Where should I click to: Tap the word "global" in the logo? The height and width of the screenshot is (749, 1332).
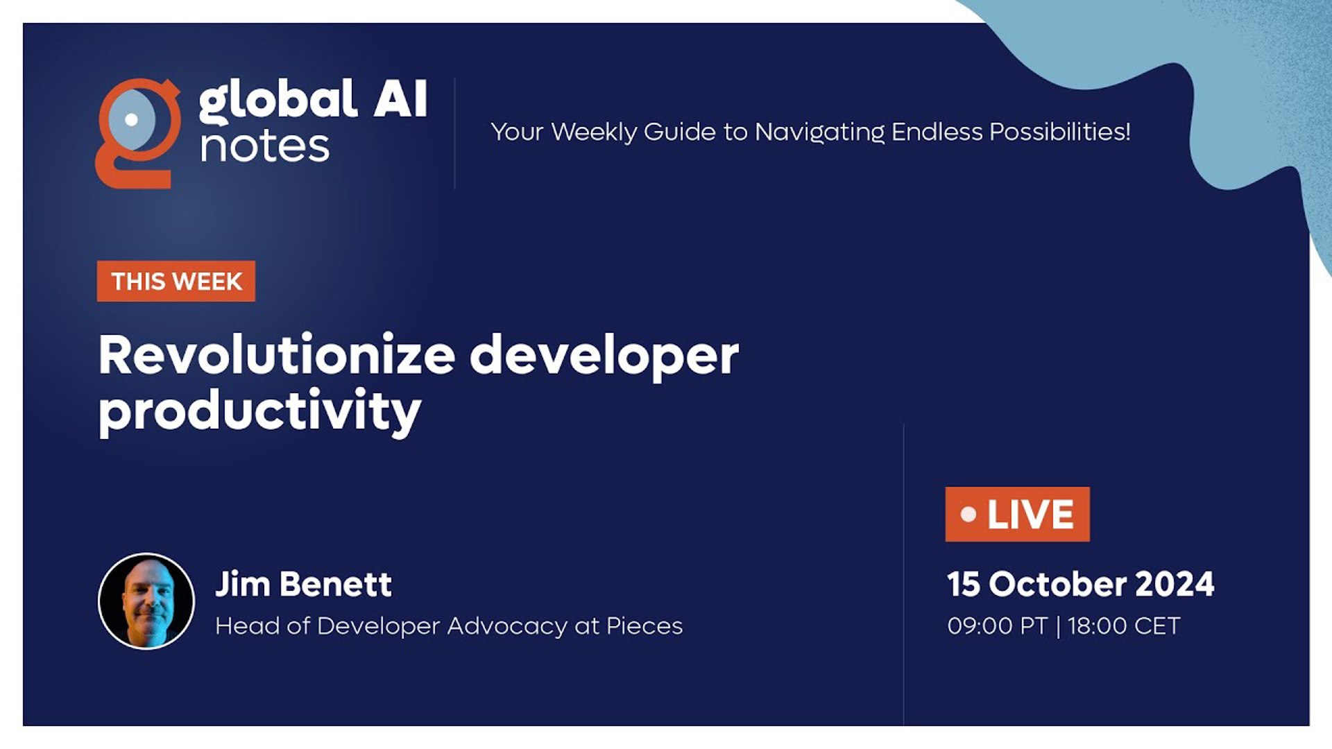[278, 101]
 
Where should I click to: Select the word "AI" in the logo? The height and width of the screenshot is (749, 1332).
[400, 98]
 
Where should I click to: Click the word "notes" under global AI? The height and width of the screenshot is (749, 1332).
[264, 147]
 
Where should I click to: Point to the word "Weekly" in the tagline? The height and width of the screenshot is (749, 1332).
[594, 132]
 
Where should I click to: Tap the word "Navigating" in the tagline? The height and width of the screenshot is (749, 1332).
[819, 132]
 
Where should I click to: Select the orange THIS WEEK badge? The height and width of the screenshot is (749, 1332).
[176, 282]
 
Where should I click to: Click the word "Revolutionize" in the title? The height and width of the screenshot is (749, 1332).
[277, 355]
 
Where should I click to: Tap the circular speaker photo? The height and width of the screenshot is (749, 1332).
[146, 601]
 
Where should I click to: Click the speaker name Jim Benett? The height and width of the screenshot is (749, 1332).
[303, 584]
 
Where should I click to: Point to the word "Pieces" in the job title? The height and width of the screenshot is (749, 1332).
[644, 626]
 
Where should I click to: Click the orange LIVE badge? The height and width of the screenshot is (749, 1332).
[1017, 515]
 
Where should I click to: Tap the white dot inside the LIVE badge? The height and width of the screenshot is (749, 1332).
[968, 515]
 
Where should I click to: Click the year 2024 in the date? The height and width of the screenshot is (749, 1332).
[1175, 584]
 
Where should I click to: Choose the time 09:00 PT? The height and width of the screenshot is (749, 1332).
[997, 626]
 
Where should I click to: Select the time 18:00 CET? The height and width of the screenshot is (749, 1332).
[1124, 626]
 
